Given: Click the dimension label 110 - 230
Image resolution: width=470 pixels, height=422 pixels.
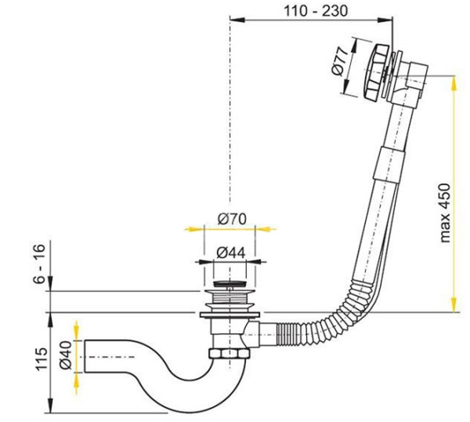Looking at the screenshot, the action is point(316,11).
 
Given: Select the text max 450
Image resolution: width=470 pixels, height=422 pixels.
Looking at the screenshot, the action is point(446,213).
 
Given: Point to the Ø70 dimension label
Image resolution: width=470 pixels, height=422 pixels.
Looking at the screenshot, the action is point(232,219).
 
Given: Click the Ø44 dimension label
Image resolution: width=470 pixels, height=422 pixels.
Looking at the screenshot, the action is point(231,253).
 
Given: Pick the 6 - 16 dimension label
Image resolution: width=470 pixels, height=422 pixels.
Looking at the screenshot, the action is point(39,263).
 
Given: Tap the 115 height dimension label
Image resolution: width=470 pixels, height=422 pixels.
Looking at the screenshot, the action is point(40,359).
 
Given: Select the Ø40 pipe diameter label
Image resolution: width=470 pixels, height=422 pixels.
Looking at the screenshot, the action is point(65,355).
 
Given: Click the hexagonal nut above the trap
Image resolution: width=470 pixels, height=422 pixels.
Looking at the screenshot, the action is point(230,353).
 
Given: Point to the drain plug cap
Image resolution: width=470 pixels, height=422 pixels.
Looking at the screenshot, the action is point(229,283).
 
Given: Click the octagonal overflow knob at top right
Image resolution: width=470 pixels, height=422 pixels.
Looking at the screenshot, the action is point(378,71).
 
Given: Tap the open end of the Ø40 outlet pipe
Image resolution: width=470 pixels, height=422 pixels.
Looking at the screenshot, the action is point(85,356).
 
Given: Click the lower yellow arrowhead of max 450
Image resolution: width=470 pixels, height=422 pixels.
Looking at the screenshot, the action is point(454,304).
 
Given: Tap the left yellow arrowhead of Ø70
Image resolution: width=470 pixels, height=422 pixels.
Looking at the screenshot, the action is point(194,229).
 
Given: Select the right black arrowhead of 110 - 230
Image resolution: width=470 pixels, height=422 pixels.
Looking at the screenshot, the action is point(385,20).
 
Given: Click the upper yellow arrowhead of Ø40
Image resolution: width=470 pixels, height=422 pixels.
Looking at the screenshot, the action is point(77,331).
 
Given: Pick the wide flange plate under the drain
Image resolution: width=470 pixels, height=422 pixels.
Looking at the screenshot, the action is point(230,315).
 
